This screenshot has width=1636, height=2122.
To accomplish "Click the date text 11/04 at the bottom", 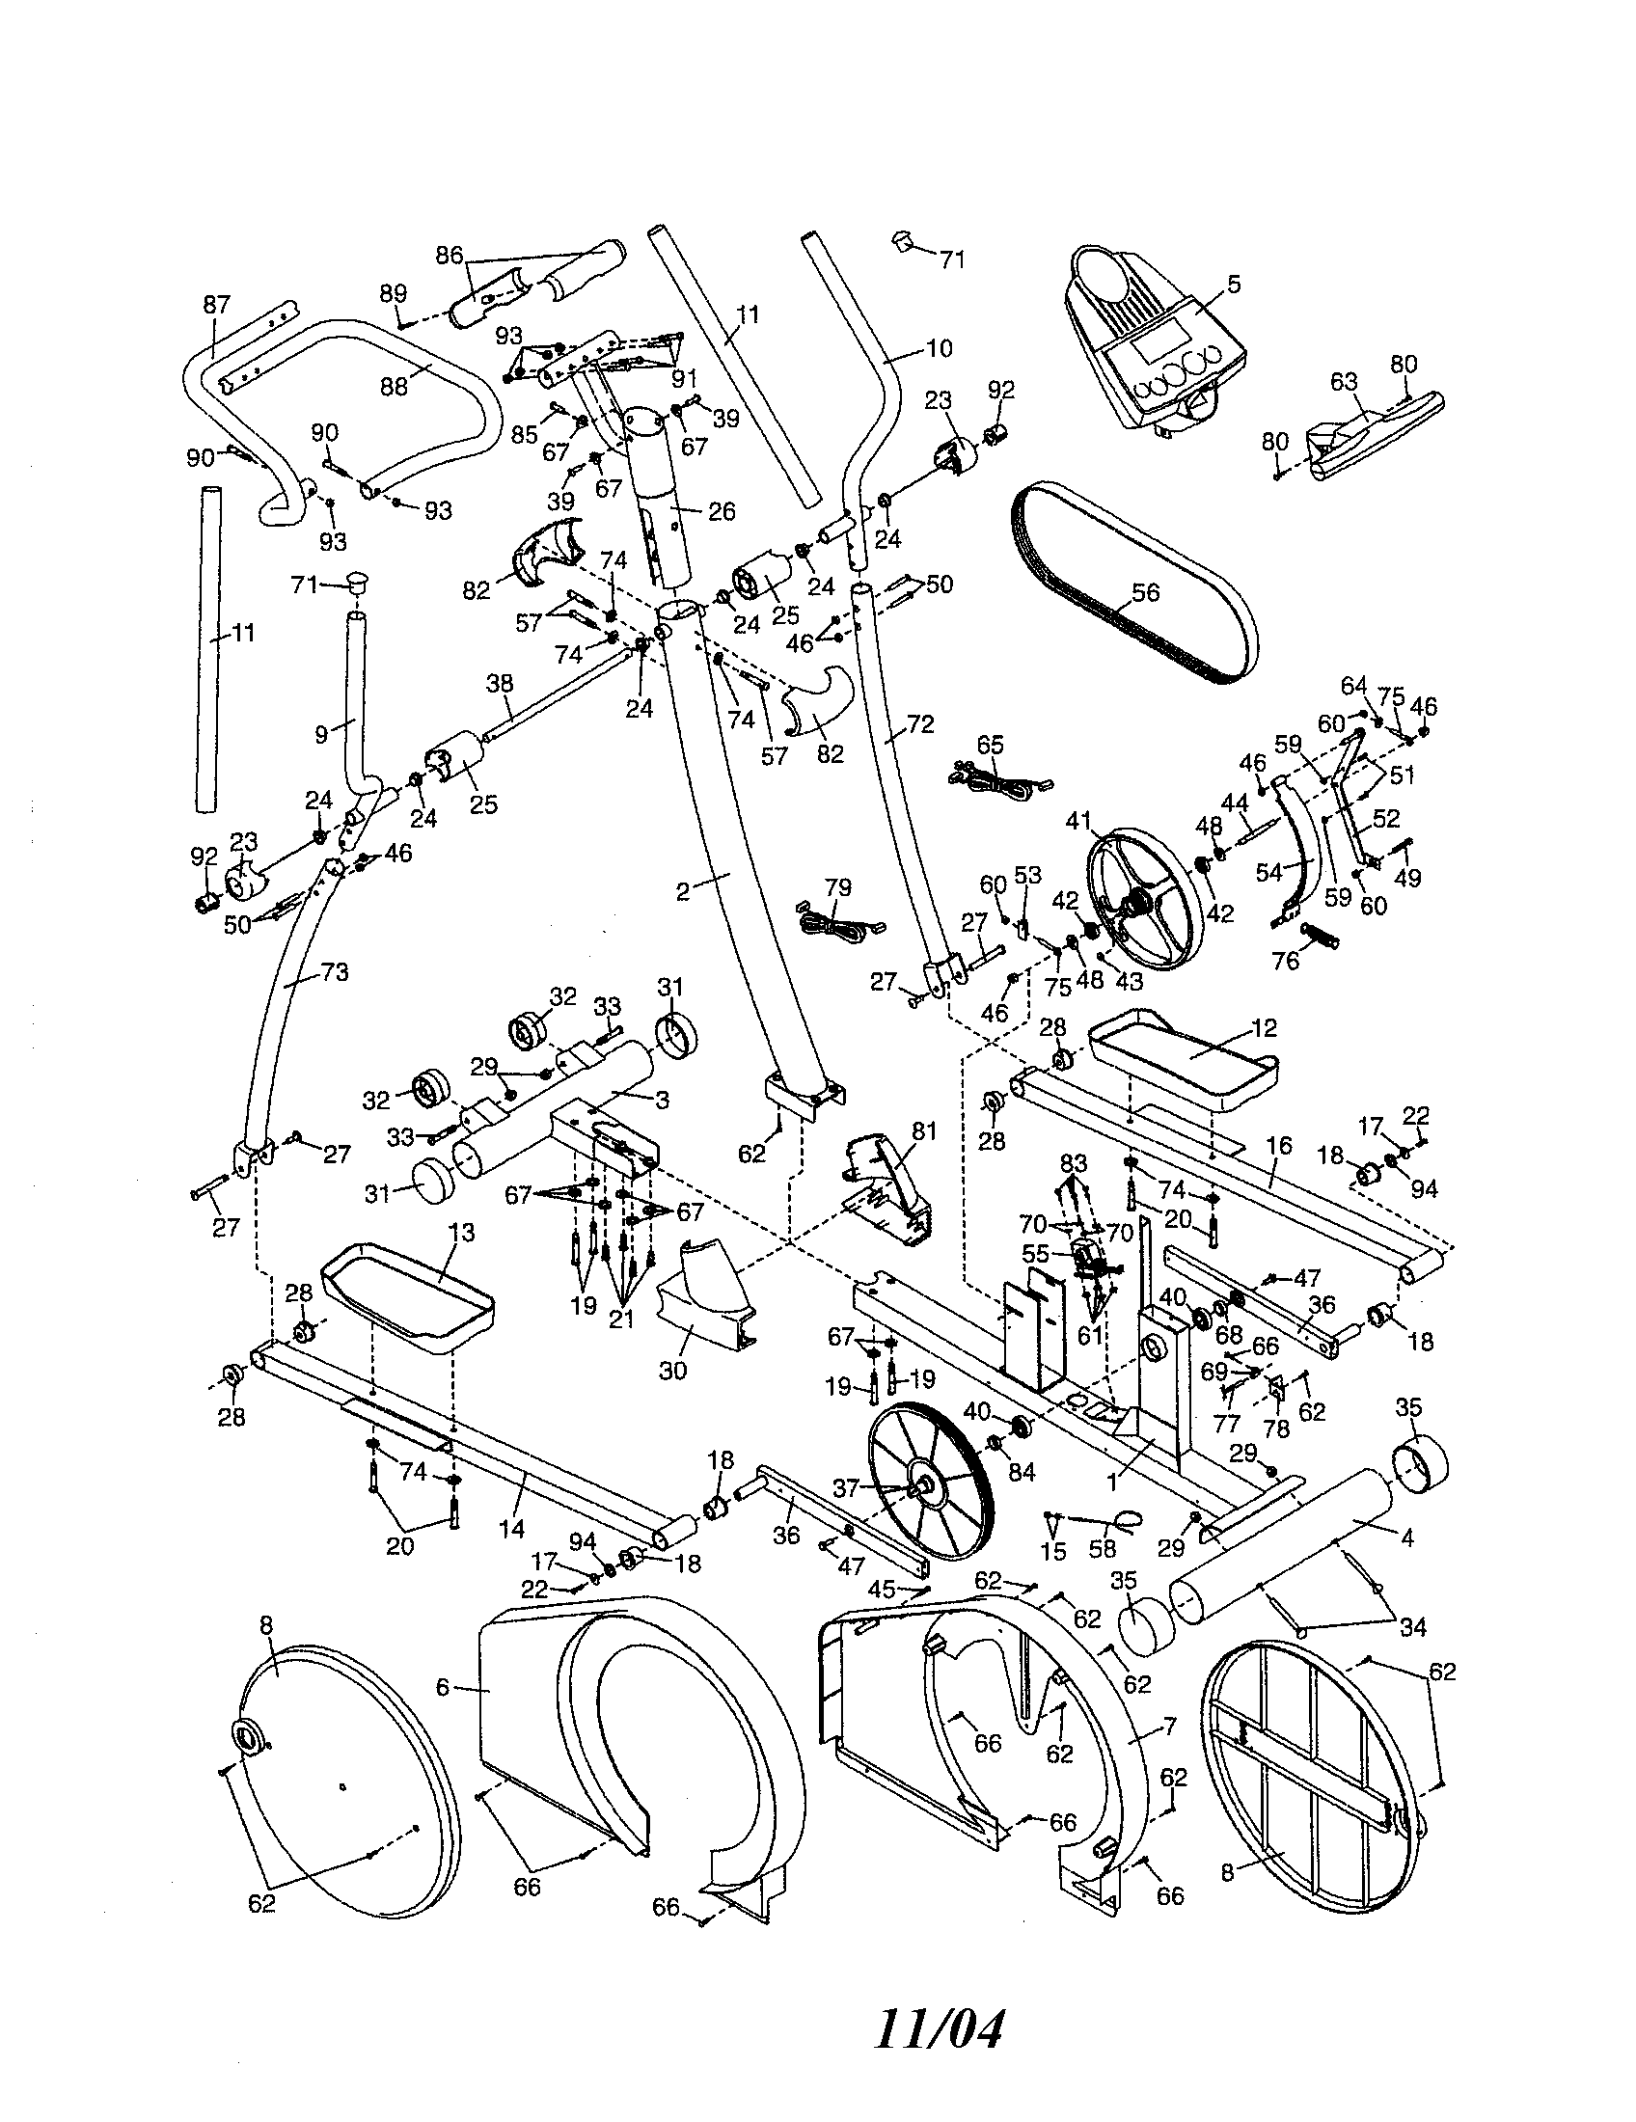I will pos(938,2028).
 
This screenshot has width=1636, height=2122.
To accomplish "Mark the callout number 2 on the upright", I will pos(683,891).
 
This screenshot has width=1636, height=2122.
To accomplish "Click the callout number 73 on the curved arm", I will pos(334,971).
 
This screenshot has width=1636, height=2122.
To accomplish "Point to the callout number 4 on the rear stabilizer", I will pos(1406,1537).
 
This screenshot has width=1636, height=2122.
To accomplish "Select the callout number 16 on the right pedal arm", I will pos(1279,1148).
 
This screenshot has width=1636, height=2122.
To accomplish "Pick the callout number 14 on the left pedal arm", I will pos(511,1530).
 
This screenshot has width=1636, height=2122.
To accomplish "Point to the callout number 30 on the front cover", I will pos(672,1371).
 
